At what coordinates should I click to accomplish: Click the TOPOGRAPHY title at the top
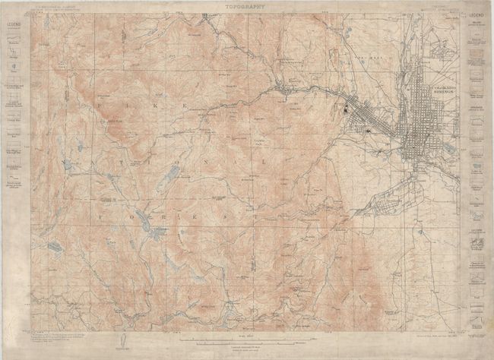coord(247,7)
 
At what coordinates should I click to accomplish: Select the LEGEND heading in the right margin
coord(477,15)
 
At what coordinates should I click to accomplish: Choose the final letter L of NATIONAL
coord(264,162)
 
